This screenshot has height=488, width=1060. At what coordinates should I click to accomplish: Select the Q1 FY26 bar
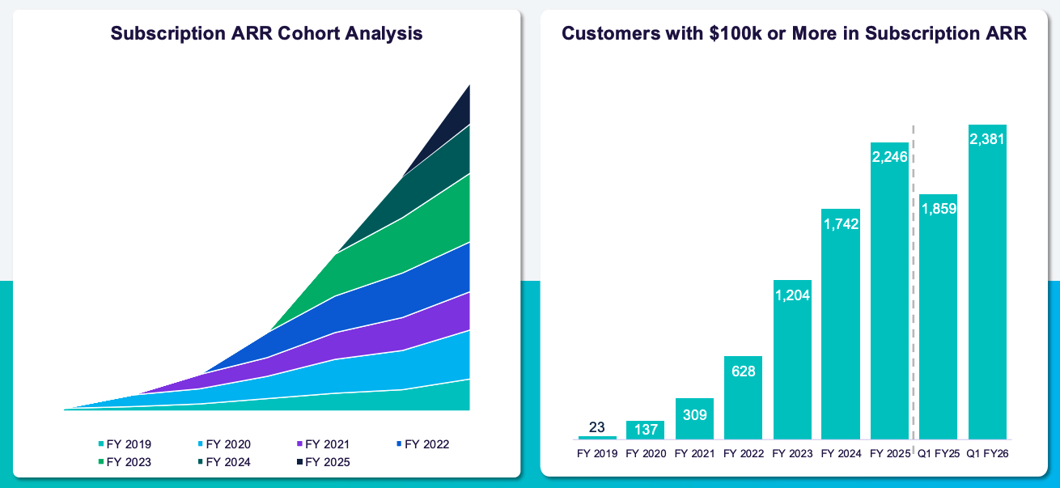point(987,291)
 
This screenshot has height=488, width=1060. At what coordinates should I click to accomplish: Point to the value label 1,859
point(939,209)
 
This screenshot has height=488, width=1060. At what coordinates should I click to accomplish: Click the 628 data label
point(743,371)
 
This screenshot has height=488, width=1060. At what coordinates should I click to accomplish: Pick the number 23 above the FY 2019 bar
point(597,426)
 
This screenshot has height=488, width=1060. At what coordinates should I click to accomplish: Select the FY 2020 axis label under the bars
point(645,454)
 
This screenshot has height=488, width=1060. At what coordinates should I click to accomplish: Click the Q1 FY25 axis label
point(939,454)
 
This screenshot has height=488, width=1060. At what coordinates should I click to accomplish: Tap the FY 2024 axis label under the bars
point(841,454)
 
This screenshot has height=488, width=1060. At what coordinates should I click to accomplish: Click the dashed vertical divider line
point(914,283)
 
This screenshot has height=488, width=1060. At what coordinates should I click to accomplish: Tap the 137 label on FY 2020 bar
point(645,430)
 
